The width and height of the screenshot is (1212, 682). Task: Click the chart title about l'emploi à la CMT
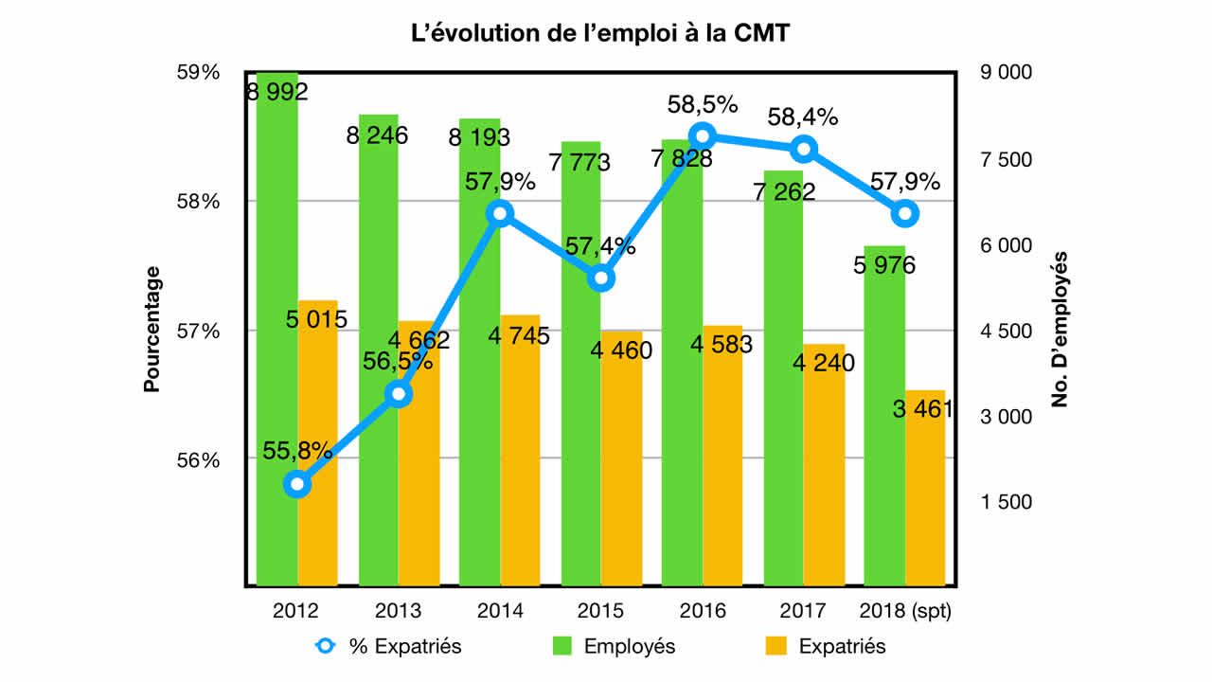click(x=605, y=34)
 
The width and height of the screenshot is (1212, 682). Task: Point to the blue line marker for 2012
click(x=297, y=484)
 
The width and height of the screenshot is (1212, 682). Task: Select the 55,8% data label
click(x=297, y=451)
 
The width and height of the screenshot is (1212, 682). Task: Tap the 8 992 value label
click(x=276, y=92)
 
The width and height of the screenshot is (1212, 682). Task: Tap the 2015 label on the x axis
click(x=601, y=611)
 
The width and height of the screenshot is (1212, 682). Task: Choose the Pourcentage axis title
click(x=151, y=330)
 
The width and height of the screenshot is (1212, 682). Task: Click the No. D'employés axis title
click(x=1060, y=330)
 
